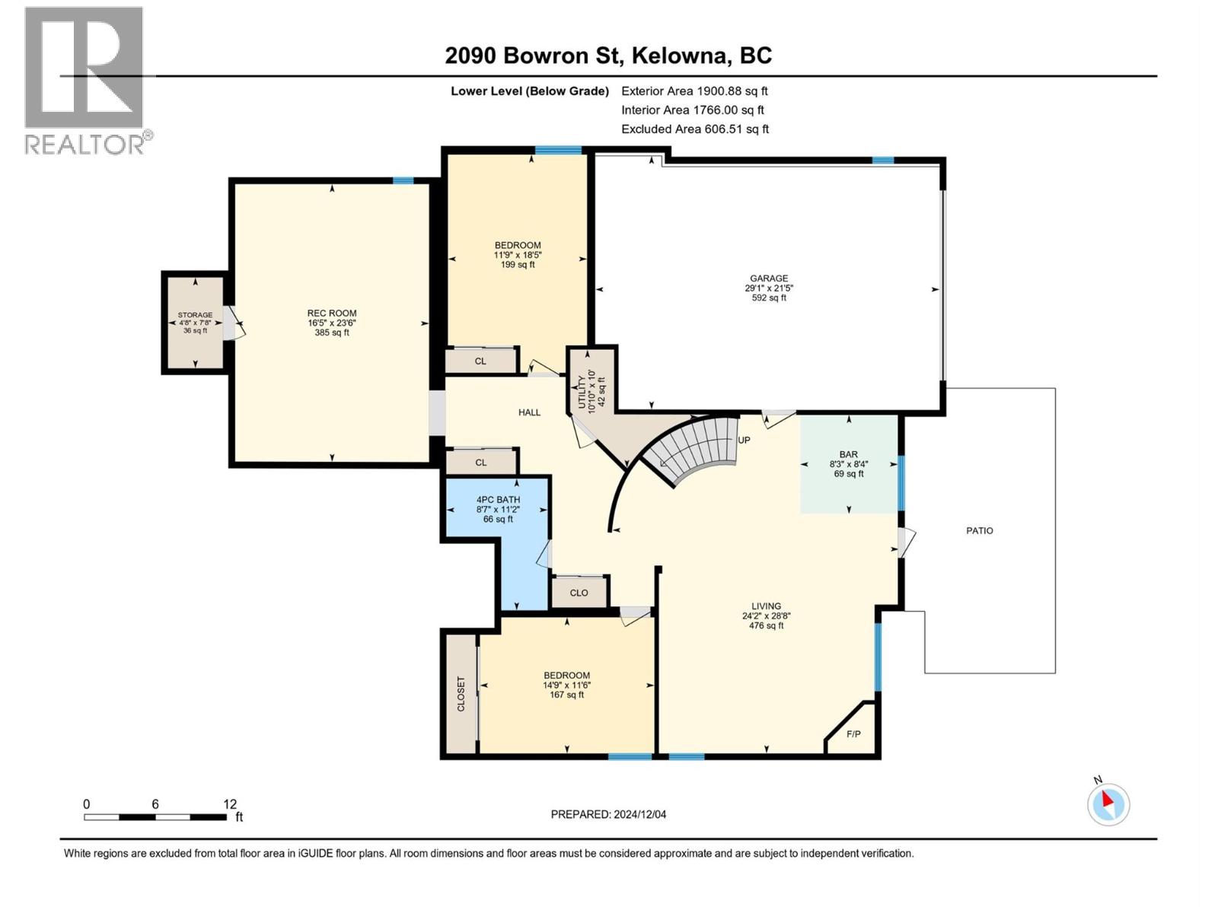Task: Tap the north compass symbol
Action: (1108, 804)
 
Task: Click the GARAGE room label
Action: (769, 278)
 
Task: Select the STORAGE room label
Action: (195, 315)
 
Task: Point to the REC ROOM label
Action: (332, 313)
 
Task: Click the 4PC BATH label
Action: (498, 500)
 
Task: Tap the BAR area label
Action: (849, 454)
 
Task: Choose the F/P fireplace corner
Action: (853, 734)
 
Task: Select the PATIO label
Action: (980, 530)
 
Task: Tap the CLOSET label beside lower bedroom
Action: (461, 694)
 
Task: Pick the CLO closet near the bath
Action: (579, 593)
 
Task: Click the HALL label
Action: (529, 412)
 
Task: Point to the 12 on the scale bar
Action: (230, 804)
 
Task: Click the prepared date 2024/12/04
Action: (639, 814)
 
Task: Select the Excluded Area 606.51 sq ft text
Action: (695, 129)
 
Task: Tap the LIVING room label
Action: (766, 606)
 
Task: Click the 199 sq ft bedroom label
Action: (518, 265)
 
